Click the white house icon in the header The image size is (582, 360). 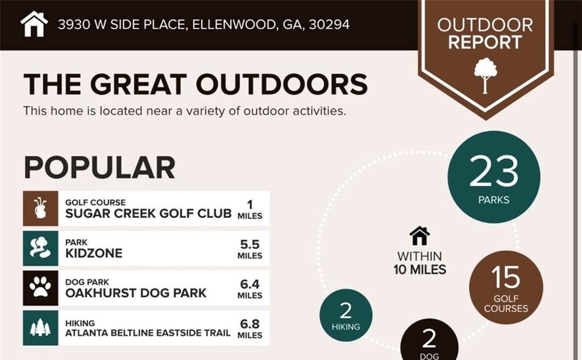(x=34, y=24)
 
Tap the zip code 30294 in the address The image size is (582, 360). (x=329, y=24)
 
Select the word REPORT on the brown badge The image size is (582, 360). (x=485, y=42)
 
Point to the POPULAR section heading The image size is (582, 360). (x=99, y=168)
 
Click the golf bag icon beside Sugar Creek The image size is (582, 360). (x=40, y=208)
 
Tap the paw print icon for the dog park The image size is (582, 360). (x=40, y=288)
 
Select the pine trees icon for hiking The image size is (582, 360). (x=40, y=328)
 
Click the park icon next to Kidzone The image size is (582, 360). (x=40, y=248)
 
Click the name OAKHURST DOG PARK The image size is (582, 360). (x=136, y=293)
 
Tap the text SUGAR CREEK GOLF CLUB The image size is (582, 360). (x=148, y=214)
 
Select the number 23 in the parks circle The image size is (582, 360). (x=494, y=171)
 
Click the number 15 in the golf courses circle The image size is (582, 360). (x=505, y=277)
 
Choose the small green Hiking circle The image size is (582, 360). (x=346, y=315)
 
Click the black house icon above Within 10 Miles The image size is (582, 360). (x=419, y=236)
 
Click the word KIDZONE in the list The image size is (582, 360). (x=94, y=254)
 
